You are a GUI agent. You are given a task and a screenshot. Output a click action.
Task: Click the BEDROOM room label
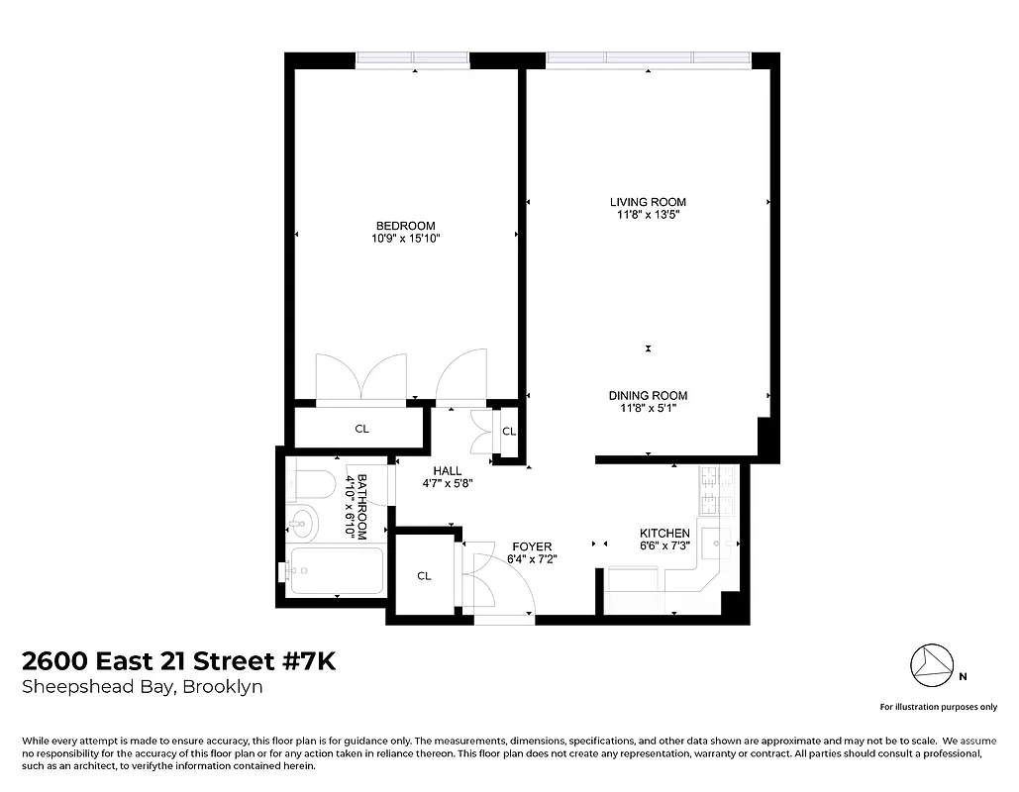(405, 226)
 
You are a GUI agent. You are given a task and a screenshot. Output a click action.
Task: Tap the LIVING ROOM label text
(648, 202)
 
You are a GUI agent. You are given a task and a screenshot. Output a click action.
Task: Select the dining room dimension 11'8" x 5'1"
(648, 408)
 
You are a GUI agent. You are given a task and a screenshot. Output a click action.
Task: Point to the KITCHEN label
(664, 534)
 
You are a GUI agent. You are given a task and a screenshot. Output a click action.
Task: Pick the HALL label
(448, 471)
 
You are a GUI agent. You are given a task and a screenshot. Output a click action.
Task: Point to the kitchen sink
(720, 543)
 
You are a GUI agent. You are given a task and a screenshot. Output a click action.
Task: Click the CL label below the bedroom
(361, 430)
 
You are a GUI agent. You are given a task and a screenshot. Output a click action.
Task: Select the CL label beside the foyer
(424, 576)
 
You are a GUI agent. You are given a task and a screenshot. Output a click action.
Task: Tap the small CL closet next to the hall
(509, 432)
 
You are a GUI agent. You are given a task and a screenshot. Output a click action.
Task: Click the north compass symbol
(931, 665)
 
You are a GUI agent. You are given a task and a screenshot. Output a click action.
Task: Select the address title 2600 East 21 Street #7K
(178, 661)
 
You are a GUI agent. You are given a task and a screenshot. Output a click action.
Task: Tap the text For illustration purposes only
(939, 707)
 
